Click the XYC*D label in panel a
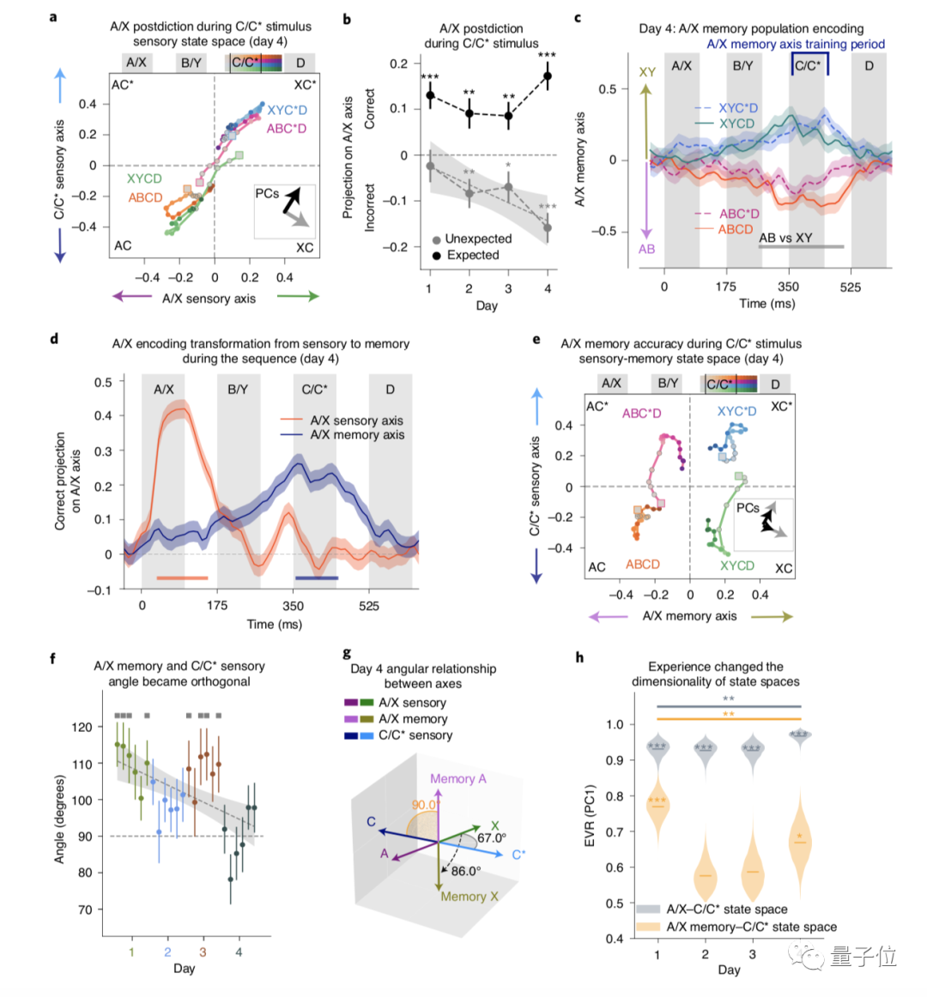[287, 110]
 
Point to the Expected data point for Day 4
[548, 76]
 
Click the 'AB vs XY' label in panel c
[785, 238]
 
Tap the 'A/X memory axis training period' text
[795, 44]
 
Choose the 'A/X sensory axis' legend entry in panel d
[356, 420]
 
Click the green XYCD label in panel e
[737, 565]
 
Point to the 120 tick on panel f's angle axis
[82, 727]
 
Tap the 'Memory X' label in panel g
[470, 897]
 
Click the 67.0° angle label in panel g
[491, 838]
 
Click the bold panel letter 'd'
[54, 339]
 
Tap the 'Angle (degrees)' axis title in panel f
[59, 819]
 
